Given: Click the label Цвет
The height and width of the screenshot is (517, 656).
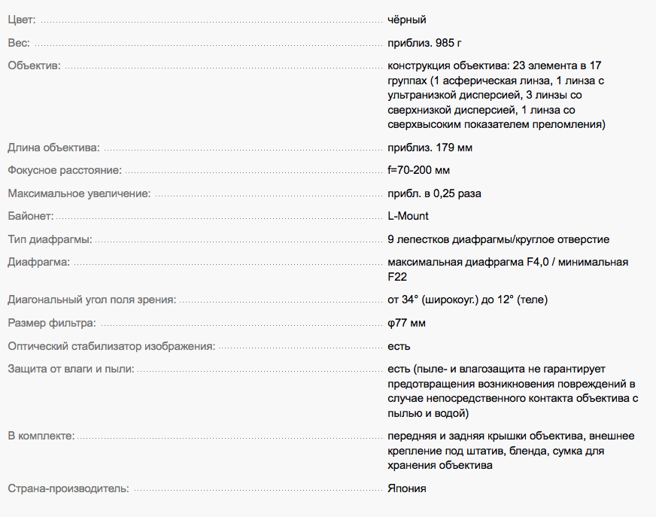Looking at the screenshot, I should tap(21, 20).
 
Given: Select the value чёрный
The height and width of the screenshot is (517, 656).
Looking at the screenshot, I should tap(407, 20).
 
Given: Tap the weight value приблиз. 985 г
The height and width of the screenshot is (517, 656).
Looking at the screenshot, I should tap(430, 43).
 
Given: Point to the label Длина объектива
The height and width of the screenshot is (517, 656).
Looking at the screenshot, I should tap(53, 147).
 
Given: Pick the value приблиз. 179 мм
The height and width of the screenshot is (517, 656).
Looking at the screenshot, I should tap(430, 147).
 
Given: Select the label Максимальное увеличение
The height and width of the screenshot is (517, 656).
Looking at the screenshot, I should tap(79, 193).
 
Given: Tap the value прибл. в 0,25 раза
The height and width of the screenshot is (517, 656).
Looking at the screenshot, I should tap(434, 193).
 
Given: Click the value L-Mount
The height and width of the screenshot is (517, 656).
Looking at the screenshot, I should tap(408, 216).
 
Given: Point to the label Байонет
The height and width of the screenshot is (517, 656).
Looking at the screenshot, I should tap(31, 216).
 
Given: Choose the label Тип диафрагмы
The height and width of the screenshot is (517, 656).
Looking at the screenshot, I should tap(50, 239).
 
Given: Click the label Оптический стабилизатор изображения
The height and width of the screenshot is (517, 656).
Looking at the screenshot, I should tap(111, 346).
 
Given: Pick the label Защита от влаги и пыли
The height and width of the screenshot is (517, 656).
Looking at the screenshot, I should tap(71, 369).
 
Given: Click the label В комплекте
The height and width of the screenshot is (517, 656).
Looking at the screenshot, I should tap(41, 436).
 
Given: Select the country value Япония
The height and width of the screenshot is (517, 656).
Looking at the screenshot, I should tap(407, 488).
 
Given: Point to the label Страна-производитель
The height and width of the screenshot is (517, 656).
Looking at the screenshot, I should tap(68, 488).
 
